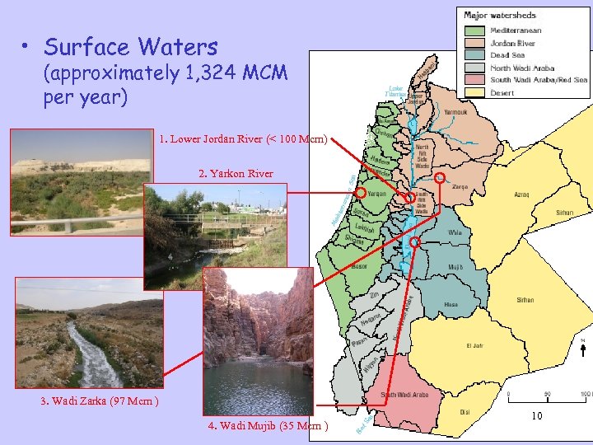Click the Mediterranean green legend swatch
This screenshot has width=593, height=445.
[476, 30]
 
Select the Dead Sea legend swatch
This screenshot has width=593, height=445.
[476, 55]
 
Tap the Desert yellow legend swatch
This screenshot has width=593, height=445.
[476, 92]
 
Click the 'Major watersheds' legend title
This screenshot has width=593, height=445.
[500, 15]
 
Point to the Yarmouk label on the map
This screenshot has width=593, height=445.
[455, 112]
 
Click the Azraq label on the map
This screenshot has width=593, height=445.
[521, 195]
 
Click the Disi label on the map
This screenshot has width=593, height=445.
[465, 410]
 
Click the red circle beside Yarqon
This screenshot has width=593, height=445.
[361, 192]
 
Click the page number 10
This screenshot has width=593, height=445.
[536, 416]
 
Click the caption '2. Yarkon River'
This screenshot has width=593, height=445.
[236, 173]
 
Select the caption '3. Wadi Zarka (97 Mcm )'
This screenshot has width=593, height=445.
[100, 401]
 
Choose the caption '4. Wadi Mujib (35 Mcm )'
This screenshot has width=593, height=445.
[268, 426]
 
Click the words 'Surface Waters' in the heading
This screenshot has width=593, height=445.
[131, 46]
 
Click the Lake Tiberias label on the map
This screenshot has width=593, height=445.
[395, 91]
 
